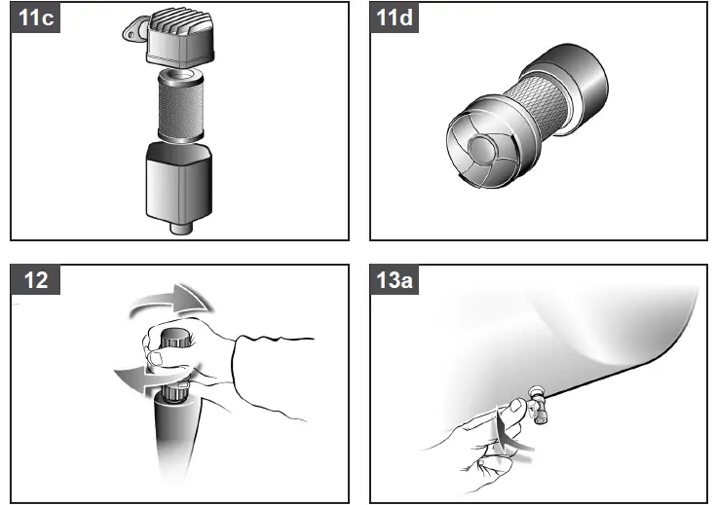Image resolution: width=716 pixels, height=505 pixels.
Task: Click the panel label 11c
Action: tap(34, 18)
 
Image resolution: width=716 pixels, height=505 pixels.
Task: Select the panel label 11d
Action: tap(395, 18)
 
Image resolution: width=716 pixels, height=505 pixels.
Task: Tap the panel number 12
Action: tap(34, 280)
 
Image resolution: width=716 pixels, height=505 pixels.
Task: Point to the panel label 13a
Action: tap(396, 280)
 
